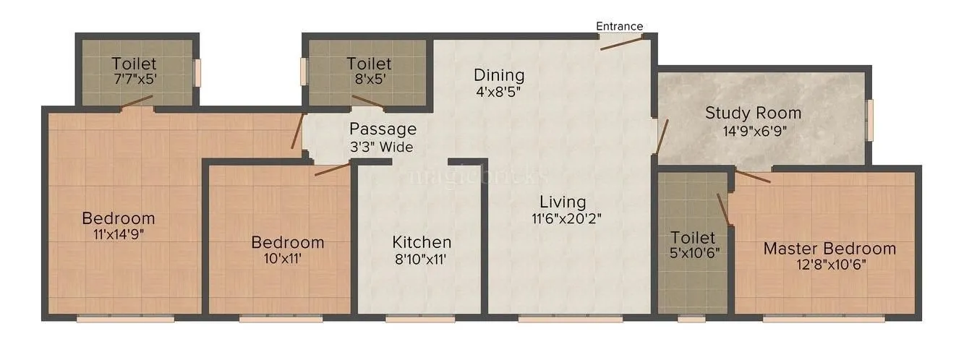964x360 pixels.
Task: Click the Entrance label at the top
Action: coord(619,26)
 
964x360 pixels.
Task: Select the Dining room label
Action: coord(499,74)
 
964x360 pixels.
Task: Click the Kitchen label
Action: coord(422,242)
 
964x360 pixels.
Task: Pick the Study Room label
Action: coord(753,113)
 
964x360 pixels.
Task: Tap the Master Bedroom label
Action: coord(829,249)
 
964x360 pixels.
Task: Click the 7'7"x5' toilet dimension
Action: coord(134,79)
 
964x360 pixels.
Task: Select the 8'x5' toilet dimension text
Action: coord(369,79)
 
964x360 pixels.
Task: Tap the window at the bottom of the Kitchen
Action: coord(420,317)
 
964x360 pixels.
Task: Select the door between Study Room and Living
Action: coord(660,136)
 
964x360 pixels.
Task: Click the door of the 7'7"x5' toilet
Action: coord(137,102)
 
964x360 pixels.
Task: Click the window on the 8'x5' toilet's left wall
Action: coord(304,72)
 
